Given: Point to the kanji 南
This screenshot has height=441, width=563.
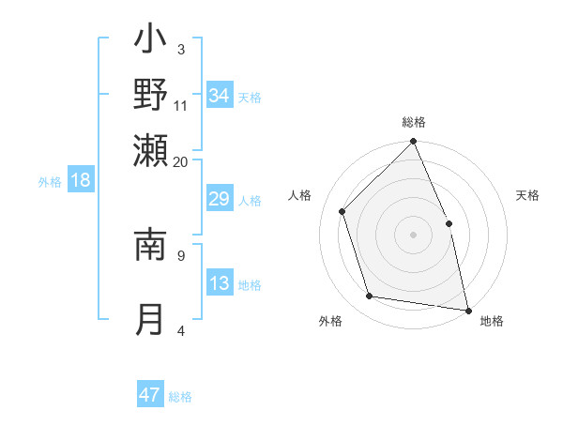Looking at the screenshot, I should tap(150, 242).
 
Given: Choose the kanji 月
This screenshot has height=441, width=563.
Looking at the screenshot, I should tap(150, 319).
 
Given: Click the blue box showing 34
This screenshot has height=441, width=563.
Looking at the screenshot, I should tap(220, 95).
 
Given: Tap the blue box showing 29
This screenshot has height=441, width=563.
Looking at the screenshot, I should tap(220, 200).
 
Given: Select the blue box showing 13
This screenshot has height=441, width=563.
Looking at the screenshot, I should tap(220, 284).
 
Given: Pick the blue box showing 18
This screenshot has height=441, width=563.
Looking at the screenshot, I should tap(81, 180).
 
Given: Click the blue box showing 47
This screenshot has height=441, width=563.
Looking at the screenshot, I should tap(150, 395).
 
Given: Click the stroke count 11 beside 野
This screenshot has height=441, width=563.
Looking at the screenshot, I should tap(181, 105).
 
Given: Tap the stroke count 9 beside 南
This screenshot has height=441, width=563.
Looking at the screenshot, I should tap(181, 253).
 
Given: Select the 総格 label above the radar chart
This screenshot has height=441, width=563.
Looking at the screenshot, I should tap(414, 122).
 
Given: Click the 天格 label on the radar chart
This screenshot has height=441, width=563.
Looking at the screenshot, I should tap(527, 195).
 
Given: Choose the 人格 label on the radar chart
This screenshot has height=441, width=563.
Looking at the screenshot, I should tap(300, 195).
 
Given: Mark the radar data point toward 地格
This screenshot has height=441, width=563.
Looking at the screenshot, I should tap(468, 310).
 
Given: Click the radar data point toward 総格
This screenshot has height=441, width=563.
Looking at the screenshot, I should tap(414, 142).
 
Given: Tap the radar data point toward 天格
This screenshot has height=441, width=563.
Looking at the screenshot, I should tap(449, 223).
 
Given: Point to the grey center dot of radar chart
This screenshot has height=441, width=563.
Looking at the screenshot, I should tap(414, 235).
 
